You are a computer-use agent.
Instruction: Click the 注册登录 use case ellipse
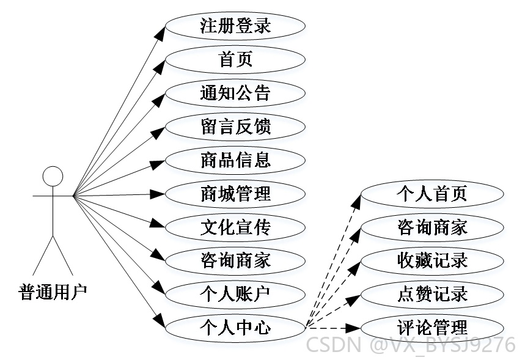[235, 26]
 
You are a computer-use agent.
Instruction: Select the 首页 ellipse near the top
[235, 60]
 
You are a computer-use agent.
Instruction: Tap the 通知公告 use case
[235, 93]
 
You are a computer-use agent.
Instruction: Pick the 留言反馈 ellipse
[235, 127]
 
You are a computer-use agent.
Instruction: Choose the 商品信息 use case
[235, 160]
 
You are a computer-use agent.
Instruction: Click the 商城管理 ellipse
[235, 194]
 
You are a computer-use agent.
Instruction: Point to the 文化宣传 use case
[235, 227]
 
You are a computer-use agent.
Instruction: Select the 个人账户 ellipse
[235, 294]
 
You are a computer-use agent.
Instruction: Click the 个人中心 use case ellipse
[235, 328]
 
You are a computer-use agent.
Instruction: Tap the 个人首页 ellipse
[432, 194]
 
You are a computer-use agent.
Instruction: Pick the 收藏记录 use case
[432, 260]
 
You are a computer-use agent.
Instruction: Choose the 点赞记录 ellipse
[432, 294]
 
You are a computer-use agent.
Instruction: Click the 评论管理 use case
[432, 328]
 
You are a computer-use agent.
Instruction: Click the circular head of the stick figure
[53, 176]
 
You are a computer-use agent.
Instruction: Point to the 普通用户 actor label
[53, 292]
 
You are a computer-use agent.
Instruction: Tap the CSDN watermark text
[411, 345]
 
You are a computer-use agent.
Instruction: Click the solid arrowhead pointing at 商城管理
[157, 194]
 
